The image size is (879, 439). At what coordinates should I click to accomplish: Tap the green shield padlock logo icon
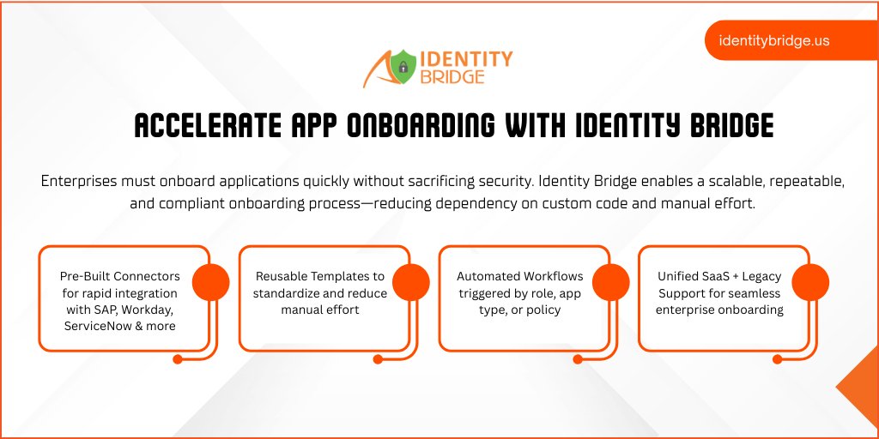[403, 67]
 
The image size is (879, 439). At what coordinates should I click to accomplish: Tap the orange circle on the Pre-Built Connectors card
[210, 282]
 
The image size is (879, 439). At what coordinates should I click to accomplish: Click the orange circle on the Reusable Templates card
[410, 282]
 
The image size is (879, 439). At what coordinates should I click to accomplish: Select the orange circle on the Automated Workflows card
[610, 282]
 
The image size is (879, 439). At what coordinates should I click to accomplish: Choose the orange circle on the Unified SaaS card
[809, 282]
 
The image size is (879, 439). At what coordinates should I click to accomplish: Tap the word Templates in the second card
[338, 277]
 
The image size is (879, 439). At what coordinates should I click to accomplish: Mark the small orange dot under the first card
[178, 360]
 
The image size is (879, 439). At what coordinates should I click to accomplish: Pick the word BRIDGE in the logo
[452, 77]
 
